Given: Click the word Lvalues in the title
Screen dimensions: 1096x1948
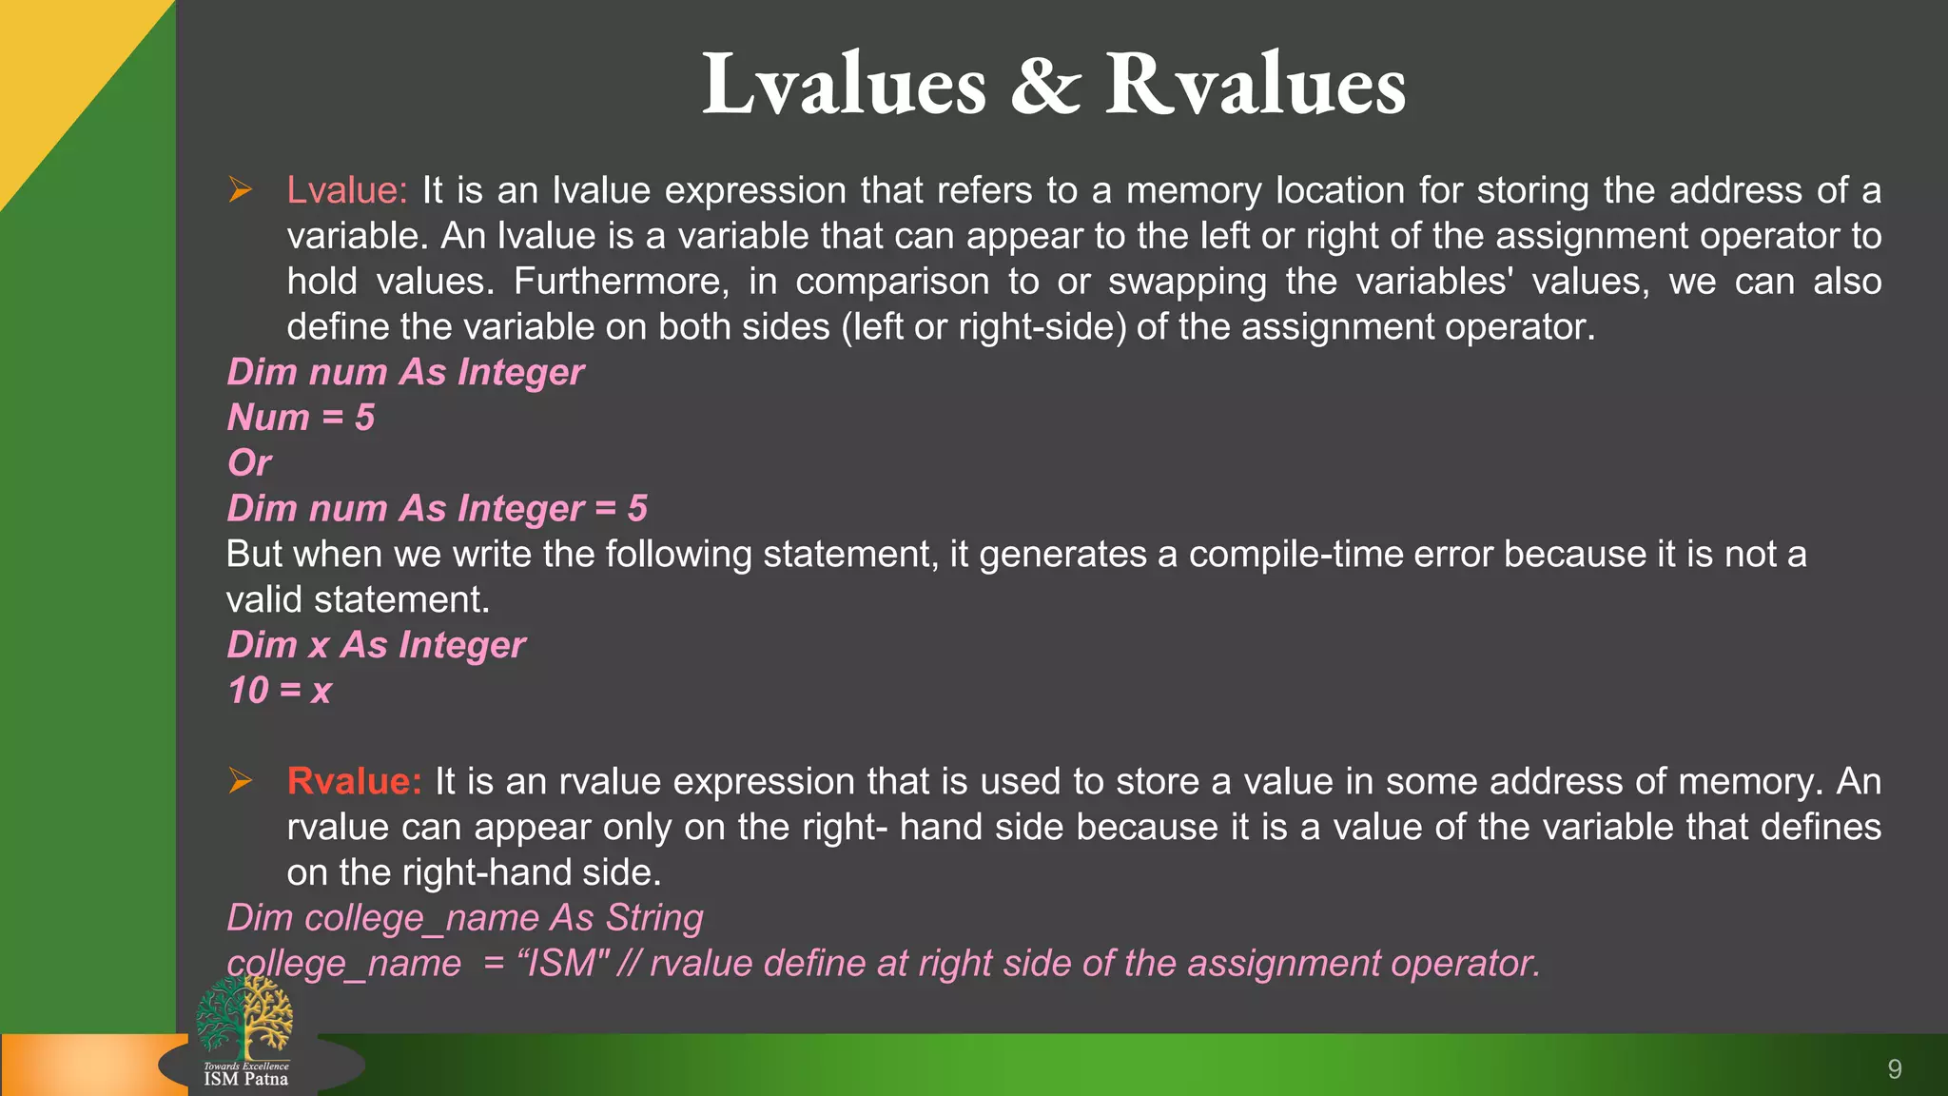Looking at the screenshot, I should pos(844,86).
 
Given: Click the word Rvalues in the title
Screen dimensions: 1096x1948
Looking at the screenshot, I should pos(1255,86).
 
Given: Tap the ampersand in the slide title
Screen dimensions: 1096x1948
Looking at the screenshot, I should pos(1045,86).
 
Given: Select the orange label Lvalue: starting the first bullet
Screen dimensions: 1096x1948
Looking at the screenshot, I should pos(347,190).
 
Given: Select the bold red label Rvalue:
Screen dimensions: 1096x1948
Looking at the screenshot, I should pos(354,781).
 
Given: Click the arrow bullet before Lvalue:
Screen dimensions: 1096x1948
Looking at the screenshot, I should pos(240,190).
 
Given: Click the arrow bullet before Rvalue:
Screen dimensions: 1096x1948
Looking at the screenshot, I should pos(240,781).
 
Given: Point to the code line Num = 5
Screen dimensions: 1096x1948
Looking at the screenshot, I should pos(301,418).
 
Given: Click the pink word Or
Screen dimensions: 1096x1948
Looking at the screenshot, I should pos(249,463).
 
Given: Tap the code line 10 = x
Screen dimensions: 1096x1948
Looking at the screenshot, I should pos(280,691).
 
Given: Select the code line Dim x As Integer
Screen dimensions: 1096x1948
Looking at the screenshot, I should pos(376,645).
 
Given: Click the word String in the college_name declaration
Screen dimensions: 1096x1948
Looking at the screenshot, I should pos(654,918).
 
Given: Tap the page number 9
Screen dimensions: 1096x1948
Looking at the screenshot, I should pos(1894,1069).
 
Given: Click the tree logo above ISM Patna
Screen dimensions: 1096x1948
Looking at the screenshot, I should pos(244,1016).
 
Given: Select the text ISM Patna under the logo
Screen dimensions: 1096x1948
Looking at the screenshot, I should pos(245,1079).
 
